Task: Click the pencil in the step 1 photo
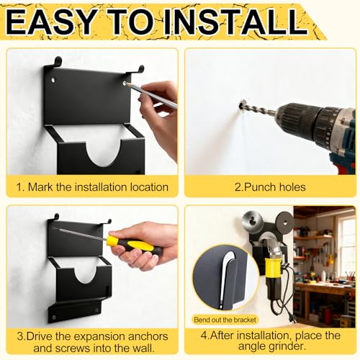point(151,95)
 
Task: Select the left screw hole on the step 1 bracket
point(53,80)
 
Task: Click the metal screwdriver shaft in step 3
point(81,234)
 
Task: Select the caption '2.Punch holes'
point(270,187)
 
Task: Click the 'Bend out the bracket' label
point(225,320)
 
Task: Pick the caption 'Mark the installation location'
point(98,187)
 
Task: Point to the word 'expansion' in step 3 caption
point(99,337)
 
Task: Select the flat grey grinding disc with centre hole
point(284,222)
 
